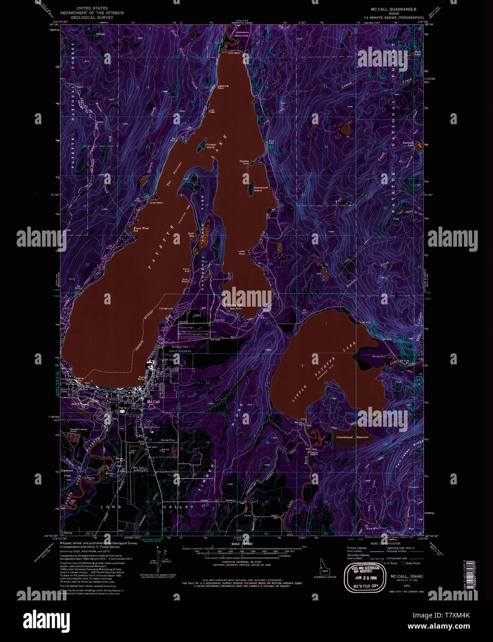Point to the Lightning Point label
coord(223,87)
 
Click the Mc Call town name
coord(153,402)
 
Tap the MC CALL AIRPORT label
coord(140,470)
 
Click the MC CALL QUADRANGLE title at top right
coord(393,9)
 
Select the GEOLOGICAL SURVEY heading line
coord(93,18)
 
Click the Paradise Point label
coord(244,162)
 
